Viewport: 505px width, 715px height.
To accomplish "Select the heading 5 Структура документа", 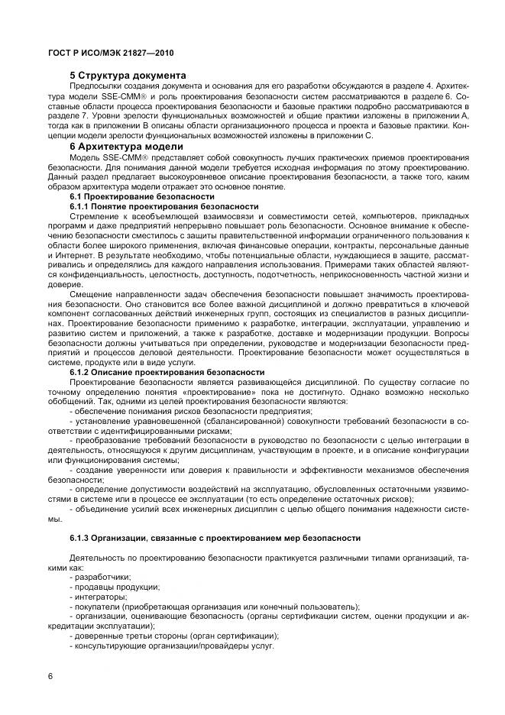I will tap(128, 76).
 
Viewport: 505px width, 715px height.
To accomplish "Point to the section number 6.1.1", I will tap(82, 206).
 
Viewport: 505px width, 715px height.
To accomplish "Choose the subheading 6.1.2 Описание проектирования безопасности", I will tap(167, 372).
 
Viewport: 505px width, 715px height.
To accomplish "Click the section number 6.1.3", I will tap(82, 538).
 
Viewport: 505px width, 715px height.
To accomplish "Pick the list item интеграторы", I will tap(101, 597).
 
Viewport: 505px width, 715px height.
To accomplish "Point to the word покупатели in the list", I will tap(98, 607).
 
